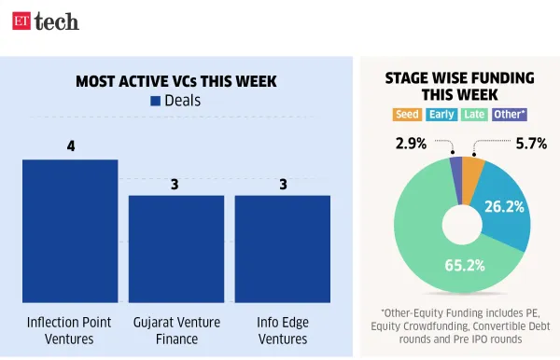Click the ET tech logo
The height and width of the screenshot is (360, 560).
[x=45, y=21]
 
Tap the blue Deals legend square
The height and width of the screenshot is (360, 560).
[x=155, y=101]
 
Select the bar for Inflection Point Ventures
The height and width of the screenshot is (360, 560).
[x=70, y=233]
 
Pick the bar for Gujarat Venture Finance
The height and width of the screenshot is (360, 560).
[x=175, y=250]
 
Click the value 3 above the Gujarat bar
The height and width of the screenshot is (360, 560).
[x=175, y=183]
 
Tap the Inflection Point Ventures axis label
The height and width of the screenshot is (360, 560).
[x=70, y=330]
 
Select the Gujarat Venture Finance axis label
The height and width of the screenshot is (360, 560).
[x=175, y=330]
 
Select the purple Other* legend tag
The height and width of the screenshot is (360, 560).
[x=508, y=115]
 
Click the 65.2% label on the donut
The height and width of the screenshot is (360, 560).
[x=464, y=265]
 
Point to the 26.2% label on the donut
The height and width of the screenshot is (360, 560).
[x=503, y=207]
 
